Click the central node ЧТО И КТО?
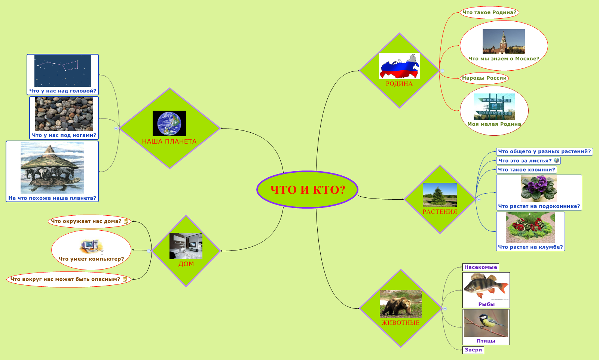307,190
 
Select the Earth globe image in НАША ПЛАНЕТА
169,123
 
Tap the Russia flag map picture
399,66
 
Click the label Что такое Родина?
489,12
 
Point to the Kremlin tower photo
504,41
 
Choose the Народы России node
484,78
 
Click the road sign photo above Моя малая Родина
494,107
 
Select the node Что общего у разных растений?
544,151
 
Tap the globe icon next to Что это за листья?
556,160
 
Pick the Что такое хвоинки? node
526,170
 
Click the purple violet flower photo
539,189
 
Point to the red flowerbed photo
530,227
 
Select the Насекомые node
480,267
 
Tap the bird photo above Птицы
486,323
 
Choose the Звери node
473,350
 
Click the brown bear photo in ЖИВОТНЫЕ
400,304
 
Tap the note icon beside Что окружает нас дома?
126,221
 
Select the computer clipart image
91,247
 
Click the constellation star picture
63,71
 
